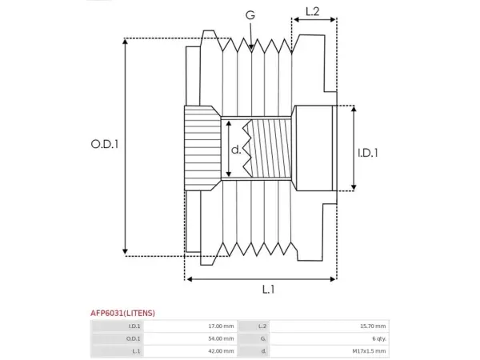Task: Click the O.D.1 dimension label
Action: coord(105,144)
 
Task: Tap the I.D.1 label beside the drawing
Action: coord(368,153)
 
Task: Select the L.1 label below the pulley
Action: coord(269,290)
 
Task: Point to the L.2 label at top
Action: coord(313,12)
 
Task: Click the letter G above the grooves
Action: coord(250,15)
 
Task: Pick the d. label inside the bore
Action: coord(236,150)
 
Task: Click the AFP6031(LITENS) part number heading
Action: coord(122,313)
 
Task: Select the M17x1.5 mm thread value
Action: coord(369,351)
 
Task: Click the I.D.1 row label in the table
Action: coord(134,326)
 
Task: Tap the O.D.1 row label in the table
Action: coord(133,338)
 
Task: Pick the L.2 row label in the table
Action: coord(262,326)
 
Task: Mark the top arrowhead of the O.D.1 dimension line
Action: coord(125,42)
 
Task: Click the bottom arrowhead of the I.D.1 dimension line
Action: coord(354,187)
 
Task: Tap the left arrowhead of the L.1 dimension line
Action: coord(189,279)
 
